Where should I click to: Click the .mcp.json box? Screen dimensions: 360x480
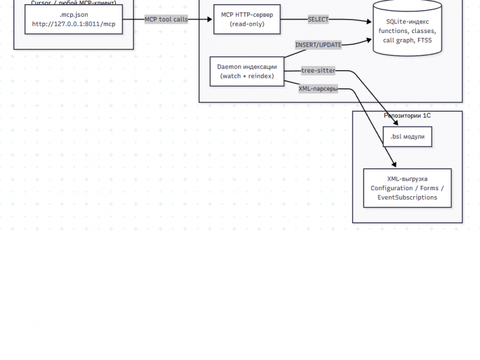pos(74,19)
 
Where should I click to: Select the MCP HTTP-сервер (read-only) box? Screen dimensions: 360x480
pos(247,19)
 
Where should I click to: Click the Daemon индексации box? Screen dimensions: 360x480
pos(247,71)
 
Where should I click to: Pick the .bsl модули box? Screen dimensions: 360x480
pos(407,137)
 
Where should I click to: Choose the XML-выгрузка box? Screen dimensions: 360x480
pos(407,188)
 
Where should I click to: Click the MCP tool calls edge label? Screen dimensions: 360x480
pos(166,19)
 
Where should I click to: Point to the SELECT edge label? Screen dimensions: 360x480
pos(318,19)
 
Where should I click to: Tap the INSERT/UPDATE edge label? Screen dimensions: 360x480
pos(318,45)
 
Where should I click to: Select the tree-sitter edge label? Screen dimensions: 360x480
pos(318,70)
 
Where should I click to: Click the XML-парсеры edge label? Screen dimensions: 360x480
pos(318,89)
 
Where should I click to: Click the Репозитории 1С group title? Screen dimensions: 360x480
pos(407,115)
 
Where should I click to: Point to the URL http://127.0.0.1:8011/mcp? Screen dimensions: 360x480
pos(74,24)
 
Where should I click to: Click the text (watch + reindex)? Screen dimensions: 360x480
pos(247,76)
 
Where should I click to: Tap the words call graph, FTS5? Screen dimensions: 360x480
pos(407,41)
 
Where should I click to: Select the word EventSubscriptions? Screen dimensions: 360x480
pos(407,197)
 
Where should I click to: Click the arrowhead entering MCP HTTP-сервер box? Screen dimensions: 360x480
pos(210,19)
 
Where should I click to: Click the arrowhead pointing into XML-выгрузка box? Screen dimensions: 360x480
pos(394,165)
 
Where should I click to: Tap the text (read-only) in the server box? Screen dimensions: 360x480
pos(247,24)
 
